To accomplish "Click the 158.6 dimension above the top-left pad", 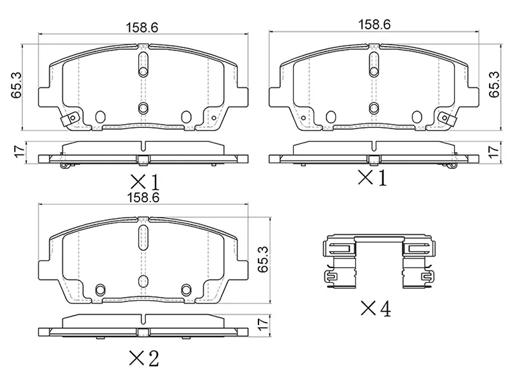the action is click(142, 28).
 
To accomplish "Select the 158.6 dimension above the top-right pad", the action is click(374, 24).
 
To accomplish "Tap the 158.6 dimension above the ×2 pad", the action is click(143, 198).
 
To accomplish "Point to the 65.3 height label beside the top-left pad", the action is click(16, 85).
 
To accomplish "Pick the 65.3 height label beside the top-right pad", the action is click(495, 84).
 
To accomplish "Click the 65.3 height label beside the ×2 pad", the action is click(263, 259).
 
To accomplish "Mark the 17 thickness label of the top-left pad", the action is click(20, 150).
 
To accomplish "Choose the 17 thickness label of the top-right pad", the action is click(495, 152).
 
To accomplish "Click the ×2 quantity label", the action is click(144, 358).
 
